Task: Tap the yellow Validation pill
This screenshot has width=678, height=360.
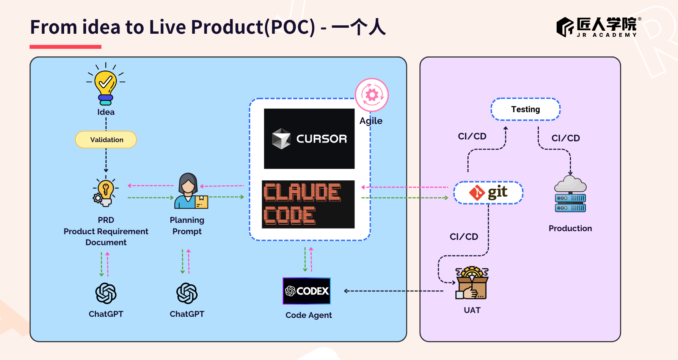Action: coord(106,140)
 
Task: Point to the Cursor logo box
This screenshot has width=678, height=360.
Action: coord(309,139)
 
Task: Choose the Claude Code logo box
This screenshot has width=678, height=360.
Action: coord(308,204)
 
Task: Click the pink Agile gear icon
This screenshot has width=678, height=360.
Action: coord(372,95)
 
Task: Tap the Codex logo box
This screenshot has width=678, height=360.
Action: coord(307,291)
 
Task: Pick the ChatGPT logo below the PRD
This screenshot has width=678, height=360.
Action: coord(106,293)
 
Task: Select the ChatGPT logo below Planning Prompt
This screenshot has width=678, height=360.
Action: coord(187,293)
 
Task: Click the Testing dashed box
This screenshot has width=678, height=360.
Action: coord(526,110)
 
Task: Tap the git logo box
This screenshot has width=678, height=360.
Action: coord(488,193)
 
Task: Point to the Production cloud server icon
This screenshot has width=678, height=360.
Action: coord(570,194)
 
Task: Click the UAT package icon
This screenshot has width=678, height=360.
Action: coord(472,283)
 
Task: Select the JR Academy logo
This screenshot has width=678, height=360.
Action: coord(598,27)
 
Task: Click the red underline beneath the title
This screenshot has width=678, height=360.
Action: coord(66,47)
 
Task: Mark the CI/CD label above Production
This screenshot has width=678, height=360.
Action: coord(565,138)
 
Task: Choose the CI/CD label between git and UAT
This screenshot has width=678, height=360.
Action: coord(464,237)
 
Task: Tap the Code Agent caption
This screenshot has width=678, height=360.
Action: coord(309,315)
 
